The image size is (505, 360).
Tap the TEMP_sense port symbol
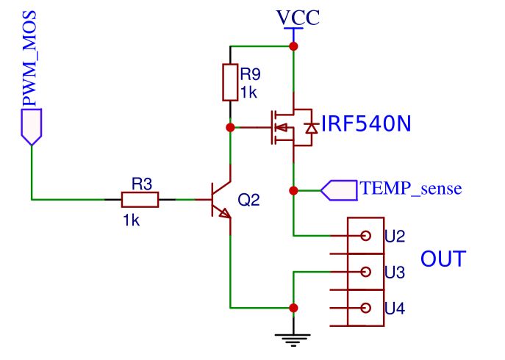[339, 190]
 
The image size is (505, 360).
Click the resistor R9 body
[230, 82]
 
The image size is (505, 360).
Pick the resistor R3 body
[140, 199]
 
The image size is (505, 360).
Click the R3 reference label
[141, 183]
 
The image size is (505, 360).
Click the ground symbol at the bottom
[293, 339]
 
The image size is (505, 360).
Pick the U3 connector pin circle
[365, 272]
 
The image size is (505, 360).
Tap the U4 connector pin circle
[365, 309]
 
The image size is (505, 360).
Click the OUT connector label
[443, 259]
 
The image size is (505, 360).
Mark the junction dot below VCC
[293, 46]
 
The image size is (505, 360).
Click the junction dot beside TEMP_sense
[293, 190]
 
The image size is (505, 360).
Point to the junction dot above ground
[293, 308]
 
